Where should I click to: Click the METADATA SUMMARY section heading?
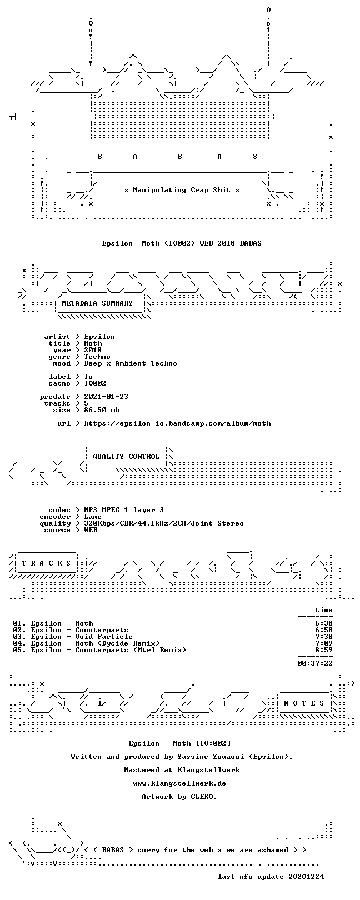[97, 303]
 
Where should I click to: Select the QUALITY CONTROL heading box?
[126, 457]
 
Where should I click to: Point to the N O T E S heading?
[304, 703]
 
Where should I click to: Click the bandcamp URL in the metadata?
[177, 423]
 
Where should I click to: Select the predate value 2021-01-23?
[106, 397]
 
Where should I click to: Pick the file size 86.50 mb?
[102, 410]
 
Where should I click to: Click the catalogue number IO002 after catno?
[95, 383]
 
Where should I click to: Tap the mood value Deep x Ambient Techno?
[131, 364]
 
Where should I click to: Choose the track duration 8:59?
[324, 649]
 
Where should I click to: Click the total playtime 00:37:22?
[315, 663]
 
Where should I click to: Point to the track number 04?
[18, 643]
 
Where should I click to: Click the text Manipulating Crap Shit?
[182, 190]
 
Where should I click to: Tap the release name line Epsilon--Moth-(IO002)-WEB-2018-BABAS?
[182, 243]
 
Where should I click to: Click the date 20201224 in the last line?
[306, 876]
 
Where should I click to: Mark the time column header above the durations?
[324, 610]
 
